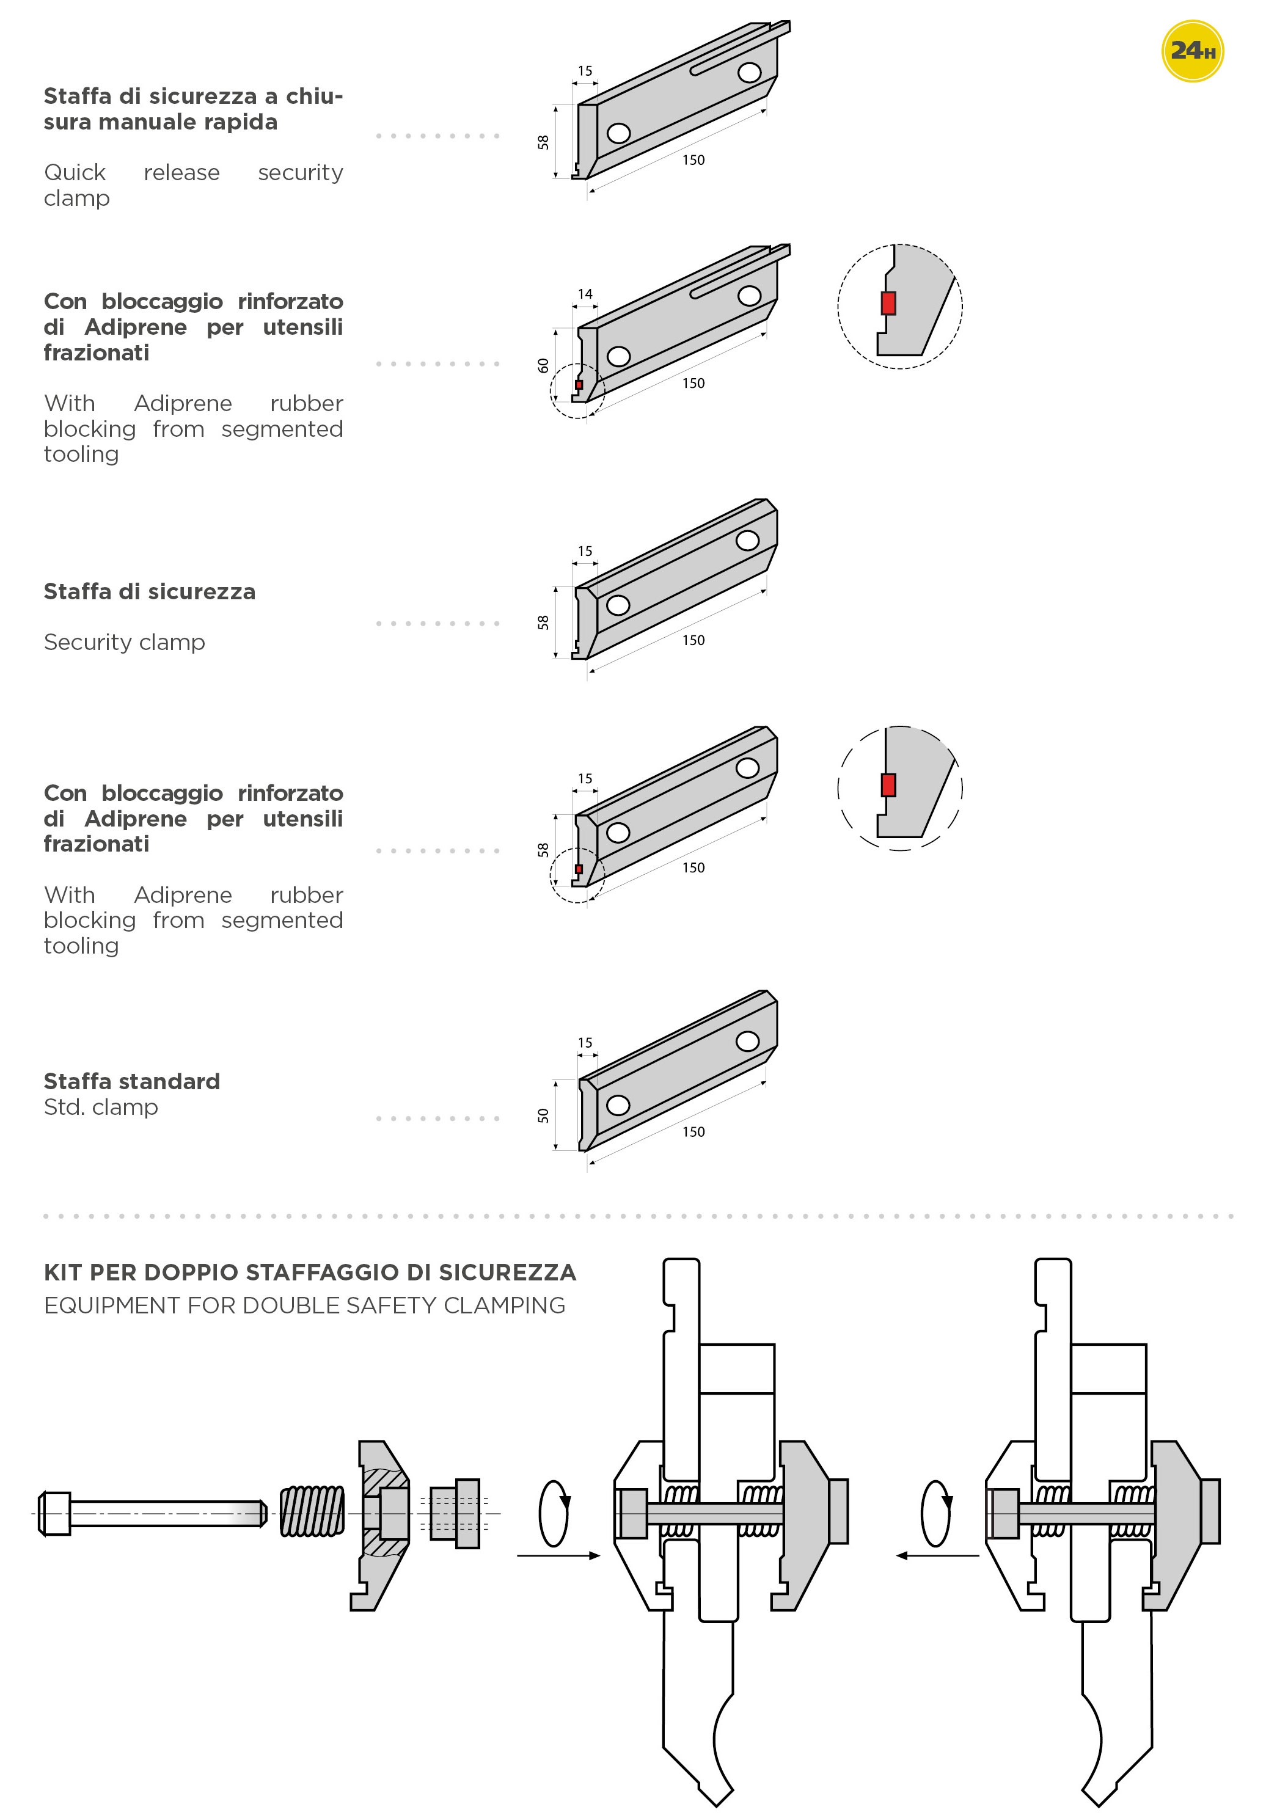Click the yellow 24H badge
tap(1192, 51)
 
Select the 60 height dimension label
tap(543, 365)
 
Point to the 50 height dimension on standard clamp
tap(543, 1115)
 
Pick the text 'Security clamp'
tap(124, 641)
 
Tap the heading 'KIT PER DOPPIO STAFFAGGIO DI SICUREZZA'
tap(310, 1272)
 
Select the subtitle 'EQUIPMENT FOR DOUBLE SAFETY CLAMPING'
tap(304, 1305)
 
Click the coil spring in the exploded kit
tap(313, 1511)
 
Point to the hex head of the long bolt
tap(54, 1513)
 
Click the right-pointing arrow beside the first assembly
tap(558, 1555)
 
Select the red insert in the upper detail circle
tap(888, 303)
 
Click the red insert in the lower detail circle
tap(888, 785)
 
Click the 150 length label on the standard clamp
tap(693, 1131)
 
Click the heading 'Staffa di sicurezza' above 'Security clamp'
tap(150, 591)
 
